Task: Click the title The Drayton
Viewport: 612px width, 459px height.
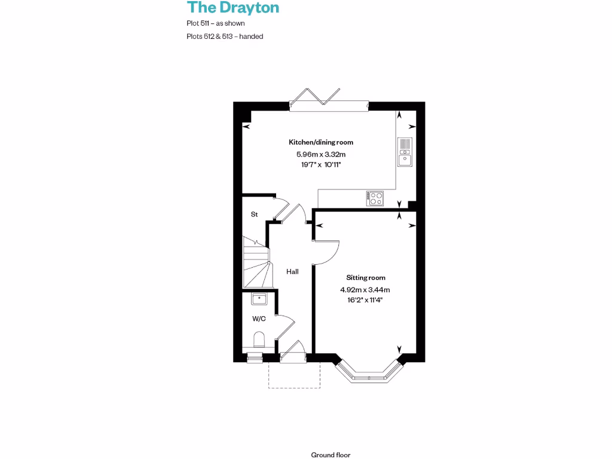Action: [x=232, y=8]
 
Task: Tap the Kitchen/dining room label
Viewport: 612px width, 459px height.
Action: [x=321, y=142]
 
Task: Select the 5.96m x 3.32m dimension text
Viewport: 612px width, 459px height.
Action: [x=321, y=154]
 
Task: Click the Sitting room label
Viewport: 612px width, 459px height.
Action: [x=366, y=277]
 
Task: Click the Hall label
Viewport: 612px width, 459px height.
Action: [x=292, y=271]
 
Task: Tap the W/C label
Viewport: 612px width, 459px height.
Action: [x=259, y=319]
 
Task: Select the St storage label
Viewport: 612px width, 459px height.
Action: [x=254, y=214]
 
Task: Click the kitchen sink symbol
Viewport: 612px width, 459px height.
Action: [x=405, y=151]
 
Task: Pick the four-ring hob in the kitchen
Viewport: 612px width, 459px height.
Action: [x=375, y=198]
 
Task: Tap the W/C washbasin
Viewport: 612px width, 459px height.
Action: [x=259, y=298]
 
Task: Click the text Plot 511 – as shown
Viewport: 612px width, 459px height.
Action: [x=216, y=23]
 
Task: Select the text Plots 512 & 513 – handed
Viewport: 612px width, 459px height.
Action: [x=225, y=36]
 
